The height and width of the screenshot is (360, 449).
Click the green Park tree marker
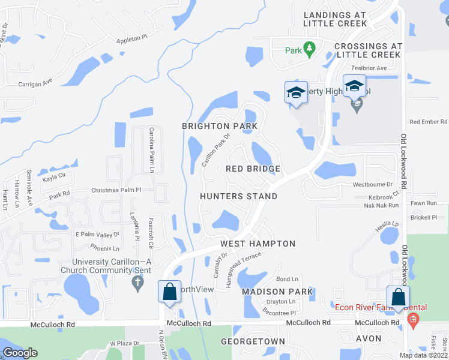309,50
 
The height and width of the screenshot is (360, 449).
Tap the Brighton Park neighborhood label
220,126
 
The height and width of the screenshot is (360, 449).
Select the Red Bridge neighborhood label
253,169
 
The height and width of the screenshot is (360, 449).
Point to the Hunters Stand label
238,196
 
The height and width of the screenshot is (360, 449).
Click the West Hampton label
258,244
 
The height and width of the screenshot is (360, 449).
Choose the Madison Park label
277,292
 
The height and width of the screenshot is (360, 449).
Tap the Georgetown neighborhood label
252,341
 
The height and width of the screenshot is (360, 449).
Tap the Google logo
20,353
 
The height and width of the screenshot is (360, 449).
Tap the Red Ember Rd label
428,122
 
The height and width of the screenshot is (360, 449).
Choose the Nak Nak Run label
382,205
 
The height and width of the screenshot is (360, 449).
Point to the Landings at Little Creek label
335,19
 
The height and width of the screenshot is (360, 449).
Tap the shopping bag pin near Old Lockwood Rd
398,296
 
